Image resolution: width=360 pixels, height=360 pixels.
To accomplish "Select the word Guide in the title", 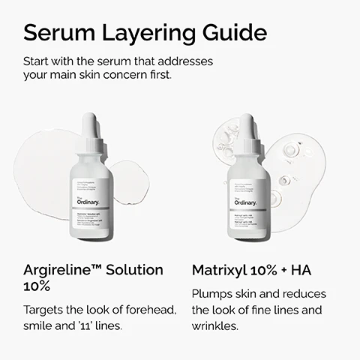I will coord(234,34).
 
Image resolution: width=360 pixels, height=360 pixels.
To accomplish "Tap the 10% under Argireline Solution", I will coord(38,287).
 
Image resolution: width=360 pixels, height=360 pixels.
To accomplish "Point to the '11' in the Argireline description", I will coord(98,326).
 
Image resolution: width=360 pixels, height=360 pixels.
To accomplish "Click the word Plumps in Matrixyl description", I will coord(214,293).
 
